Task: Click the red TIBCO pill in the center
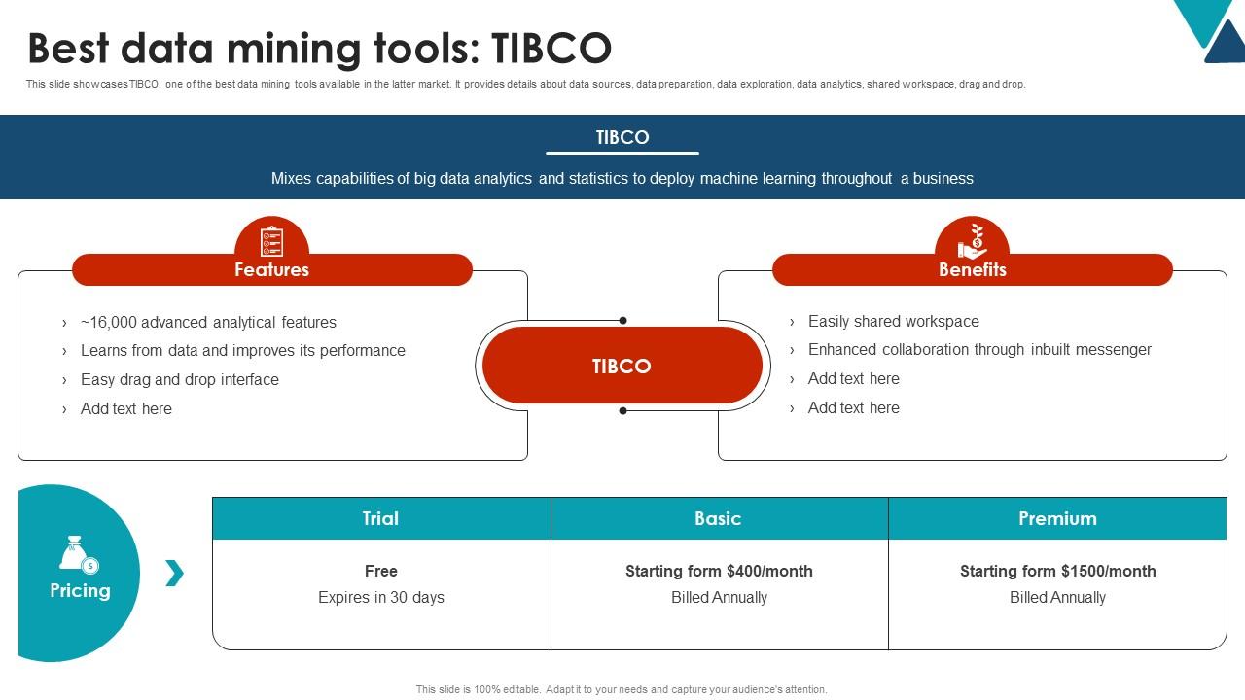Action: [622, 366]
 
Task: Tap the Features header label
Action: [271, 269]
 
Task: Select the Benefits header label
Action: [972, 269]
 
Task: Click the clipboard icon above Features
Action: [271, 239]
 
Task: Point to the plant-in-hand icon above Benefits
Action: [972, 239]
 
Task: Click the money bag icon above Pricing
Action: [78, 554]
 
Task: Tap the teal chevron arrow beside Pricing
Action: [174, 573]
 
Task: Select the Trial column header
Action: [380, 518]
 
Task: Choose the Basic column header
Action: [718, 518]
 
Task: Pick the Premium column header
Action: [1057, 518]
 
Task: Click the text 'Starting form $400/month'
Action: [719, 571]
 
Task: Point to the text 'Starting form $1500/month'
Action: [1057, 571]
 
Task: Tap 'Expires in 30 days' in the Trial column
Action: [380, 597]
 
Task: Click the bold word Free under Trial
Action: [380, 571]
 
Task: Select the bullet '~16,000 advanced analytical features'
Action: [208, 322]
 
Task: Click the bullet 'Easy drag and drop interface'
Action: [179, 379]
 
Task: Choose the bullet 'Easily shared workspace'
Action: [893, 321]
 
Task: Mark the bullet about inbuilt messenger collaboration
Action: [979, 349]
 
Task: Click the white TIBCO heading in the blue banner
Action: [622, 137]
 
